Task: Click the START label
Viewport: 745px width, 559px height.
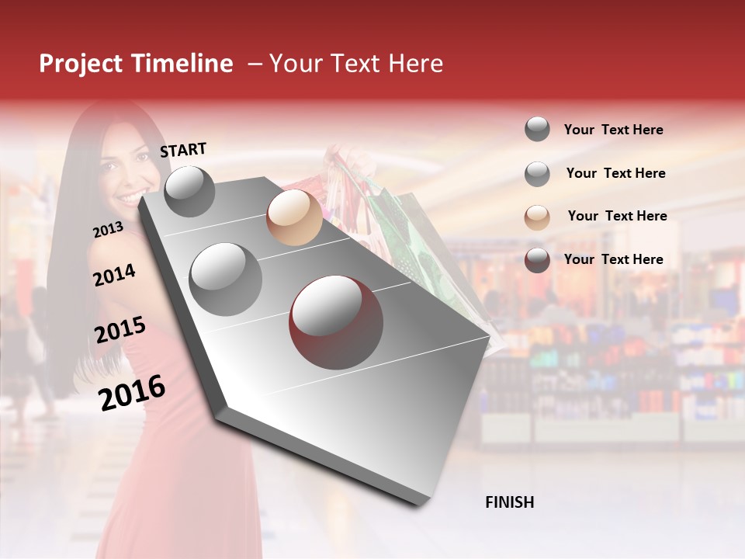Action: point(183,150)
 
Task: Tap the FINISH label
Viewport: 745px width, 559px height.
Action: point(509,502)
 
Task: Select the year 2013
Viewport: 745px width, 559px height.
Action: point(108,230)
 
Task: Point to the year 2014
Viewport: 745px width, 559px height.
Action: point(114,276)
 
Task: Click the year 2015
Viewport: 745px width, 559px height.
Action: point(120,331)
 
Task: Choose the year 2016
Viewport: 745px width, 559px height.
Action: point(132,393)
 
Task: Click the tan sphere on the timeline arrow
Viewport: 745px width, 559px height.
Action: point(294,217)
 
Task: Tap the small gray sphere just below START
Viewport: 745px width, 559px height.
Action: point(189,191)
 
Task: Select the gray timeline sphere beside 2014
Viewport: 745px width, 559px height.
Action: point(226,279)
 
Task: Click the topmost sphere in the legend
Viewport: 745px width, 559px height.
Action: point(537,129)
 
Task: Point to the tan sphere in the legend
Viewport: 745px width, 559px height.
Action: point(537,217)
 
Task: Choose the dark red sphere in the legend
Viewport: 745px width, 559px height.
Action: point(537,260)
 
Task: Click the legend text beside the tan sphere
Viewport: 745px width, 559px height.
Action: point(617,216)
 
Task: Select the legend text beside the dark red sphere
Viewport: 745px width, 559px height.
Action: point(613,259)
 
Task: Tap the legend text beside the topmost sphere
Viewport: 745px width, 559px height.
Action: point(613,130)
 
